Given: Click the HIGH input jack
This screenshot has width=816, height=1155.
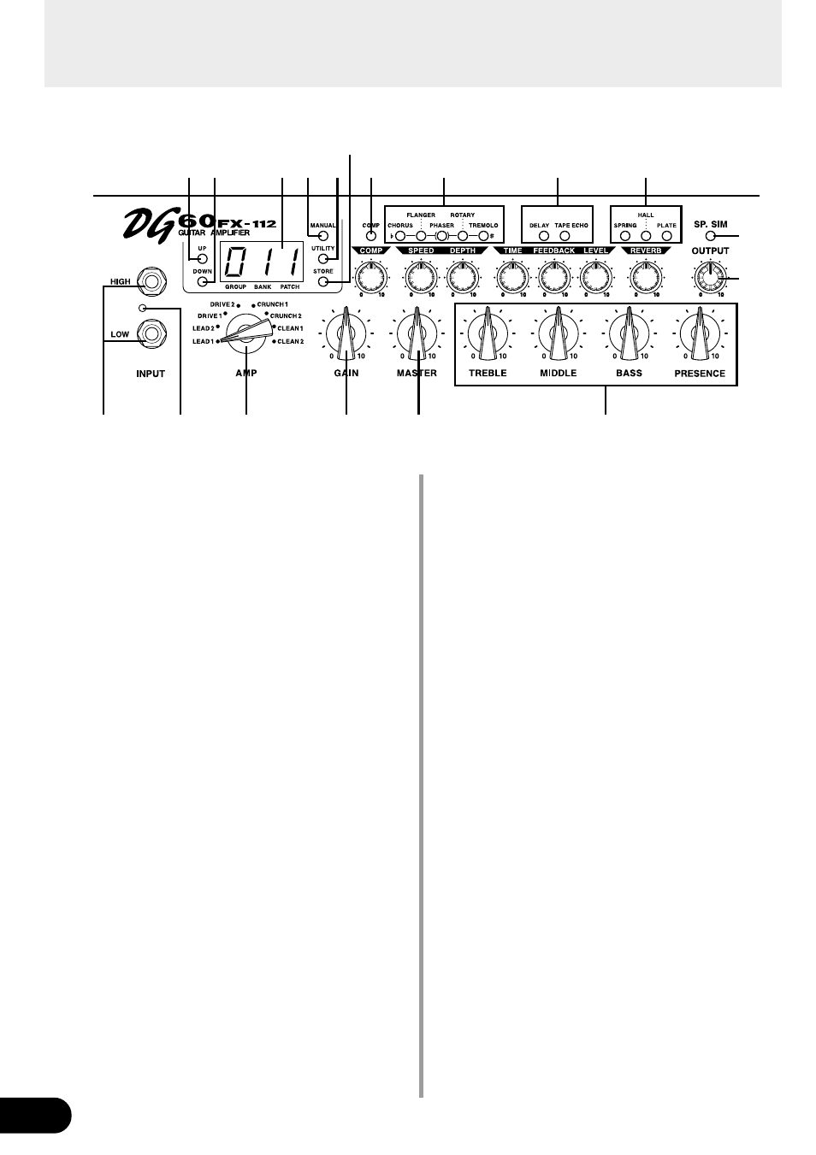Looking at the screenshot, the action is (151, 281).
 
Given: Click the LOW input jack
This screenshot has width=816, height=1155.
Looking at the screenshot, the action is (151, 333).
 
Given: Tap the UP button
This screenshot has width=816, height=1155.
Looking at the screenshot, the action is (202, 259).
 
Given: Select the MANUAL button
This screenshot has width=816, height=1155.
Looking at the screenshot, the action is (323, 236).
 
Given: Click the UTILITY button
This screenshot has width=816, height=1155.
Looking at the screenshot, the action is (323, 259).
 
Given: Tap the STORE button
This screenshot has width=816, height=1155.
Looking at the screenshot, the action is (323, 282).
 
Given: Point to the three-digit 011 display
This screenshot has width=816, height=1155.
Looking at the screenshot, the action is (262, 262).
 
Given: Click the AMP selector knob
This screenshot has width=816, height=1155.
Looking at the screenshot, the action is (245, 333).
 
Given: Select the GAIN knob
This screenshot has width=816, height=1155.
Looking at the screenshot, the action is (346, 333).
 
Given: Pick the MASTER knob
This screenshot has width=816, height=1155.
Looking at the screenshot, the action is (417, 333).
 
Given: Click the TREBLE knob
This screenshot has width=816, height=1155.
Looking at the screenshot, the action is (488, 333).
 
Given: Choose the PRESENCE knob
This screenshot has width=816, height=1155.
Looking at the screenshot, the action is (700, 333).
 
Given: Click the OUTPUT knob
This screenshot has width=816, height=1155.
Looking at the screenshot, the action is (710, 279).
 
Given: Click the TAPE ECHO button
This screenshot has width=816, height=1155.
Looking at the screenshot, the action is (565, 236).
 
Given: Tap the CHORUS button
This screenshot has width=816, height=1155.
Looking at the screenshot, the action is (399, 236).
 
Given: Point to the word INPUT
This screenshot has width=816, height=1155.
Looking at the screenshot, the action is (151, 374).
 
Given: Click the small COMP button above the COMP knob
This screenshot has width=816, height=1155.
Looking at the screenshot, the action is (371, 236).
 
